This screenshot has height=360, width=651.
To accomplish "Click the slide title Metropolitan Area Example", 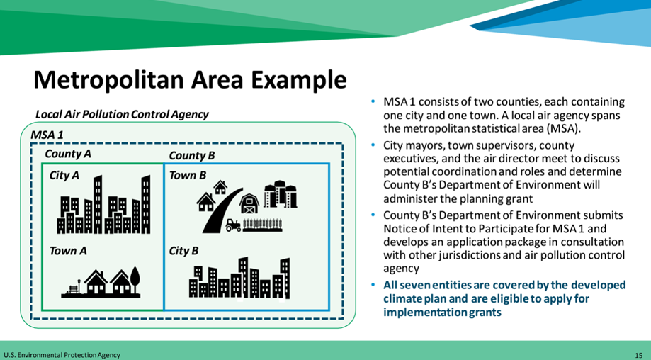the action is pos(190,79).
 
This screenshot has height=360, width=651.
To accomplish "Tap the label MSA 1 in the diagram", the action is pos(47,135).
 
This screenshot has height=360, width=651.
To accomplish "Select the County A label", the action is pos(68,154).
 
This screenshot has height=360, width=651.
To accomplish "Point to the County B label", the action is pos(192,156).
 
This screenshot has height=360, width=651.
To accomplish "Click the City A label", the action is pos(64,175).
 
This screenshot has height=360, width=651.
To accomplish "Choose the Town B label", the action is pos(187,175).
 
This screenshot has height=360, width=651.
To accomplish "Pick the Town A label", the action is pos(68,251).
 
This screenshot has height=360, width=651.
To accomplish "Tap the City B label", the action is pos(183,251).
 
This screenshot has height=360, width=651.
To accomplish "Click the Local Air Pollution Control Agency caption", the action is pos(122,114).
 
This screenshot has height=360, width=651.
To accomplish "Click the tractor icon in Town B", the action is pos(233,225).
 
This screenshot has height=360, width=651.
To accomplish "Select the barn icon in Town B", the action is pos(249,203).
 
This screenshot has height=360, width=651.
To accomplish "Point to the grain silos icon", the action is pos(281,194).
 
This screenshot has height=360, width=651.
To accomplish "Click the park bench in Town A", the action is pos(73,288).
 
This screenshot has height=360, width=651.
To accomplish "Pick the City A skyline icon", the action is pos(103,204).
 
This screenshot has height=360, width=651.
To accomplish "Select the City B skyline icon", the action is pos(239,277).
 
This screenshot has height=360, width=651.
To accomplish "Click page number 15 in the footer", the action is pos(638,355).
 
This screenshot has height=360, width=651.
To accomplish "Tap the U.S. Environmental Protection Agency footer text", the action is pos(62,355).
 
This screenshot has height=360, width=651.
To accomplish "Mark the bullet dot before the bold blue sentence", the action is pos(373,285).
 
